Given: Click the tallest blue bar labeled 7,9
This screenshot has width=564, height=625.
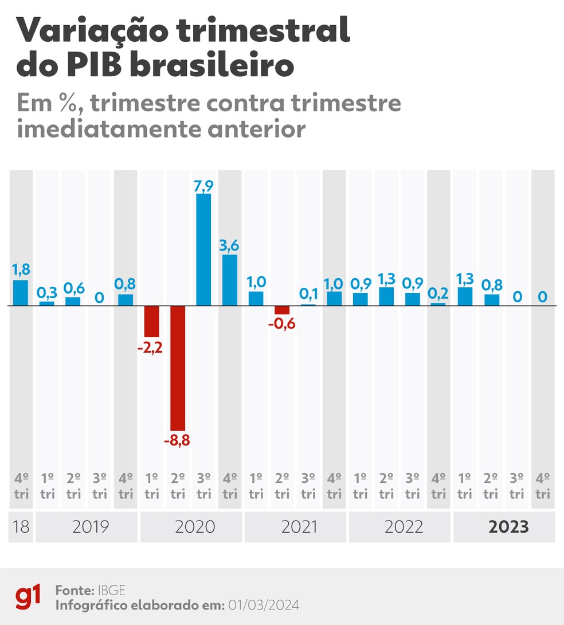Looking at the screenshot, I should pos(203,249).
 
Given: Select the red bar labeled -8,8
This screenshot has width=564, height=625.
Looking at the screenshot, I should pos(177,368).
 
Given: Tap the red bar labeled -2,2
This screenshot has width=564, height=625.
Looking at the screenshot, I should pos(151,321).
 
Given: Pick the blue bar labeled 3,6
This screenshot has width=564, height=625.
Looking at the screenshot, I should pos(230,280).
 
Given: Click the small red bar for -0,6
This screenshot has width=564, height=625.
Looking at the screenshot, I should pos(282,310).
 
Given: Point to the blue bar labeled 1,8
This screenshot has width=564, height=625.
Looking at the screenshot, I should pos(21,292).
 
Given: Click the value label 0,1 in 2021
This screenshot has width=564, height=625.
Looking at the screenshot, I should pos(308,294).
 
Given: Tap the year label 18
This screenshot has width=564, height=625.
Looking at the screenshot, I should pos(21,527).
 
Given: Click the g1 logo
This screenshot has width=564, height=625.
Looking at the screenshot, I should pos(28,596).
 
